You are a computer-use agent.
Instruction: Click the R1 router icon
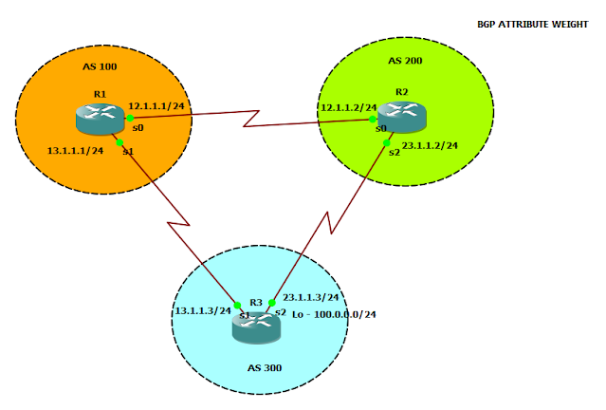99,119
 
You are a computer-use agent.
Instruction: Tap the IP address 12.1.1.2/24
348,108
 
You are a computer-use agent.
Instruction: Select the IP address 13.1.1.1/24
75,151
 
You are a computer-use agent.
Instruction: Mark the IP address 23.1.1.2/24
430,146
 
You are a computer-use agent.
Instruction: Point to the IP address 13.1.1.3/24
202,310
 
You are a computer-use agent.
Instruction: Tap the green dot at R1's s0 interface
130,119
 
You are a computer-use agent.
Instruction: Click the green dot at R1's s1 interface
119,141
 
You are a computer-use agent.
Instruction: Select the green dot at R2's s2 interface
388,142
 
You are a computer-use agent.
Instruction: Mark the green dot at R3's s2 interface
271,304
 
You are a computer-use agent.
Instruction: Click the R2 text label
402,92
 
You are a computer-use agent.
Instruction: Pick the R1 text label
100,94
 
